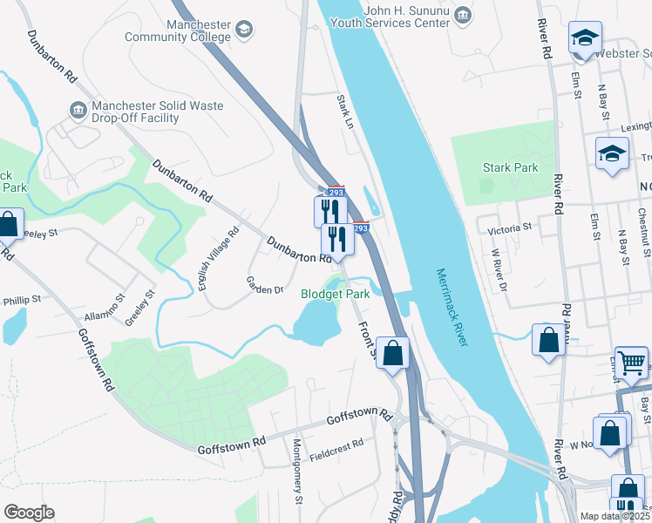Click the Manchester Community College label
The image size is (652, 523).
pos(178,31)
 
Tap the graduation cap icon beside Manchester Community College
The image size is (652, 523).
pos(245,31)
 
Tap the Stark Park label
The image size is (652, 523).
pos(511,167)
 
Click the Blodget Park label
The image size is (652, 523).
pos(336,295)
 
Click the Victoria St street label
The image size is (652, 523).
pos(509,228)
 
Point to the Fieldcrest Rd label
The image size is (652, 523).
pos(336,444)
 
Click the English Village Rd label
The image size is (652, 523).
pos(217,259)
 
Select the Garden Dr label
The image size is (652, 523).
pos(265,284)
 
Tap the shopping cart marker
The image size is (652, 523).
pos(632,361)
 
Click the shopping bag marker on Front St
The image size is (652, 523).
pos(393,353)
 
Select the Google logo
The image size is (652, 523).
pos(29,513)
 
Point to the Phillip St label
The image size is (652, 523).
pos(21,300)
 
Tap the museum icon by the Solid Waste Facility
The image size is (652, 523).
pos(78,110)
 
